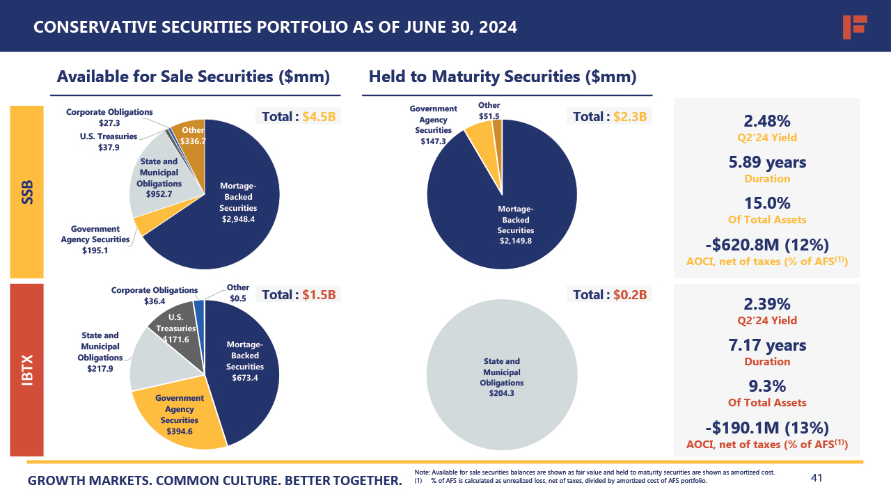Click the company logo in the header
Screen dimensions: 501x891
(854, 26)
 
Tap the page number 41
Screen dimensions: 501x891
(817, 478)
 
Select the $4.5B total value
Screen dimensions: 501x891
(319, 116)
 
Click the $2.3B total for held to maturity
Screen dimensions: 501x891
(631, 116)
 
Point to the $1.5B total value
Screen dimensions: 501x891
(319, 294)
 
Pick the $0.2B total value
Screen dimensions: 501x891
(631, 294)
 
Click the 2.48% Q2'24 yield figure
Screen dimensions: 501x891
(767, 121)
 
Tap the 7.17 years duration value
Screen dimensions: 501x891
(767, 345)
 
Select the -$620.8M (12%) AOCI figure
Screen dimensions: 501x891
(767, 245)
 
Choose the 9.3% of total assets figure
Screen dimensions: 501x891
(767, 386)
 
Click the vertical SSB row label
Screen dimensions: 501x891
(27, 192)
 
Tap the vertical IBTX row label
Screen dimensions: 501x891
(27, 369)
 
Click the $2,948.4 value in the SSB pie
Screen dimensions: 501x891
(238, 219)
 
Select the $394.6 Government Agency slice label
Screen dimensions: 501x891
(180, 431)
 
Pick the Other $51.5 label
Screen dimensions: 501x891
(489, 110)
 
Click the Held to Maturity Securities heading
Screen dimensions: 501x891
(503, 77)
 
